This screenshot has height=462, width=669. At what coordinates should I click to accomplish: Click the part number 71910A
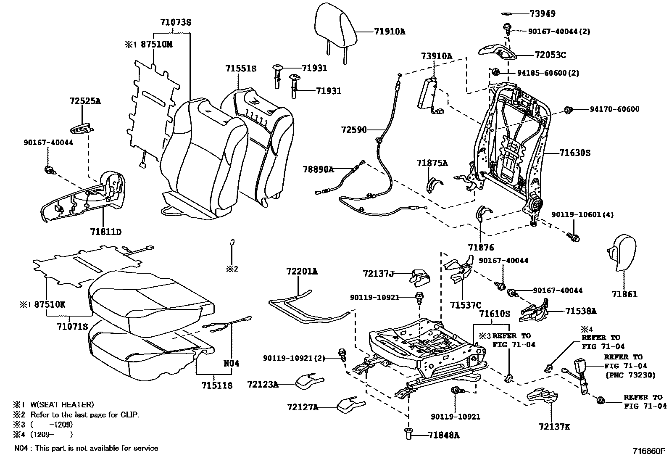pyautogui.click(x=390, y=32)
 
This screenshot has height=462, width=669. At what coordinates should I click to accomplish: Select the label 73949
pyautogui.click(x=543, y=13)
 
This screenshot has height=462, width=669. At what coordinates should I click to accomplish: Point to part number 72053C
pyautogui.click(x=550, y=55)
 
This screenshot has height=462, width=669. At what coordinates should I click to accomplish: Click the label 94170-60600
pyautogui.click(x=614, y=109)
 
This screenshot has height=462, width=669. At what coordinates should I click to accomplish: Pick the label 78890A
pyautogui.click(x=318, y=169)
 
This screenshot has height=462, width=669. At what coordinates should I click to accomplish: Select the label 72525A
pyautogui.click(x=85, y=101)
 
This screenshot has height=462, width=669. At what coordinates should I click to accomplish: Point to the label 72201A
pyautogui.click(x=302, y=272)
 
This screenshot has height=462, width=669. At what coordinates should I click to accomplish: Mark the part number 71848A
pyautogui.click(x=443, y=436)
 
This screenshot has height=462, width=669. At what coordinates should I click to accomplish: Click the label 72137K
pyautogui.click(x=554, y=427)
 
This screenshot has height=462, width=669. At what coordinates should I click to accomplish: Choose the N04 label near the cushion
pyautogui.click(x=231, y=363)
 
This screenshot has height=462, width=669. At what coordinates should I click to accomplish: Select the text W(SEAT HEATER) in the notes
pyautogui.click(x=62, y=405)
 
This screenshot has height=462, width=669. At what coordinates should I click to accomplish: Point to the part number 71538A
pyautogui.click(x=581, y=311)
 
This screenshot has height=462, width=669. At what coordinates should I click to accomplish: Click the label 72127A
pyautogui.click(x=303, y=407)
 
